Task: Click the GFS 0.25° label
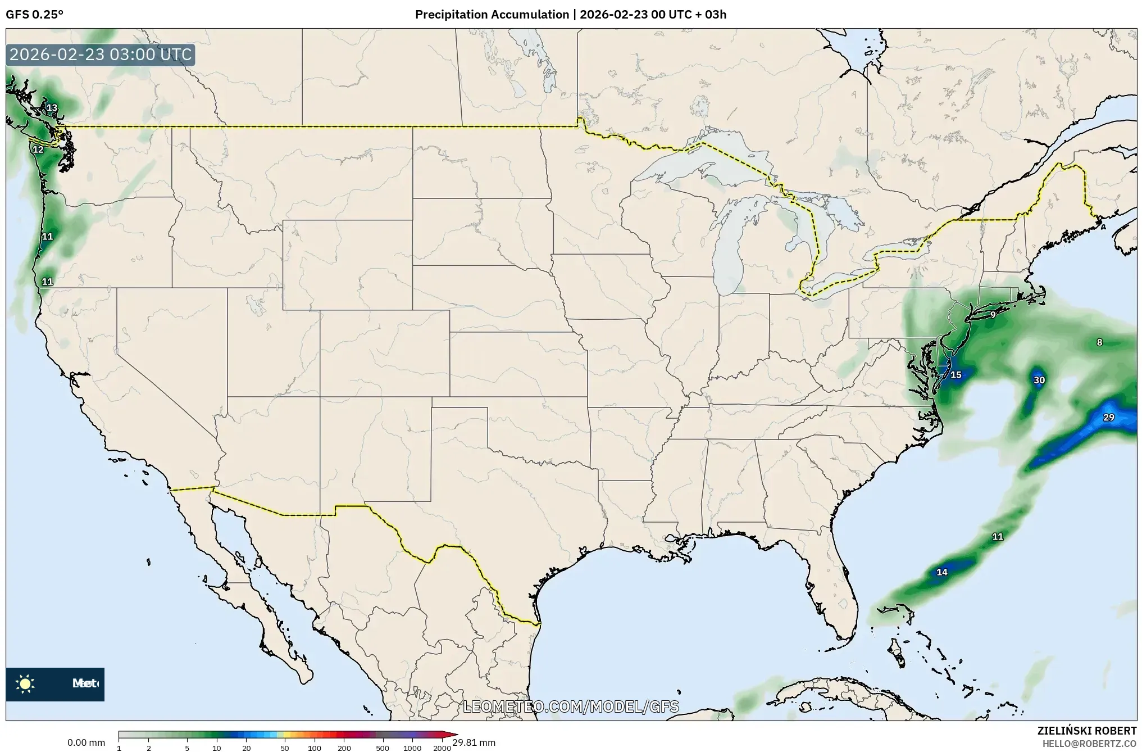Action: click(34, 15)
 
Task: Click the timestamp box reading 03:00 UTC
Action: click(101, 55)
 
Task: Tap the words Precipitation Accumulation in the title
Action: click(492, 15)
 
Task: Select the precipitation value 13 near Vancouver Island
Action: click(52, 108)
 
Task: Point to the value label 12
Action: click(38, 150)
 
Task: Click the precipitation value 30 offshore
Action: click(1039, 380)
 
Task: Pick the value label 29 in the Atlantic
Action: click(1108, 418)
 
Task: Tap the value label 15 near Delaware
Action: click(956, 375)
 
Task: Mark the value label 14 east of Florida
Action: click(942, 572)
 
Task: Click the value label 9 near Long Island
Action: click(993, 315)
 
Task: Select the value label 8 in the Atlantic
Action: click(1099, 342)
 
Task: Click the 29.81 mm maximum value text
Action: click(474, 742)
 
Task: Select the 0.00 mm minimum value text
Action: click(86, 742)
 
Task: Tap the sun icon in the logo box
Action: click(25, 683)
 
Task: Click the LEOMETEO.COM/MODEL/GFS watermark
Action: click(571, 706)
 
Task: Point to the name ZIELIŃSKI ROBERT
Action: click(1086, 731)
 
